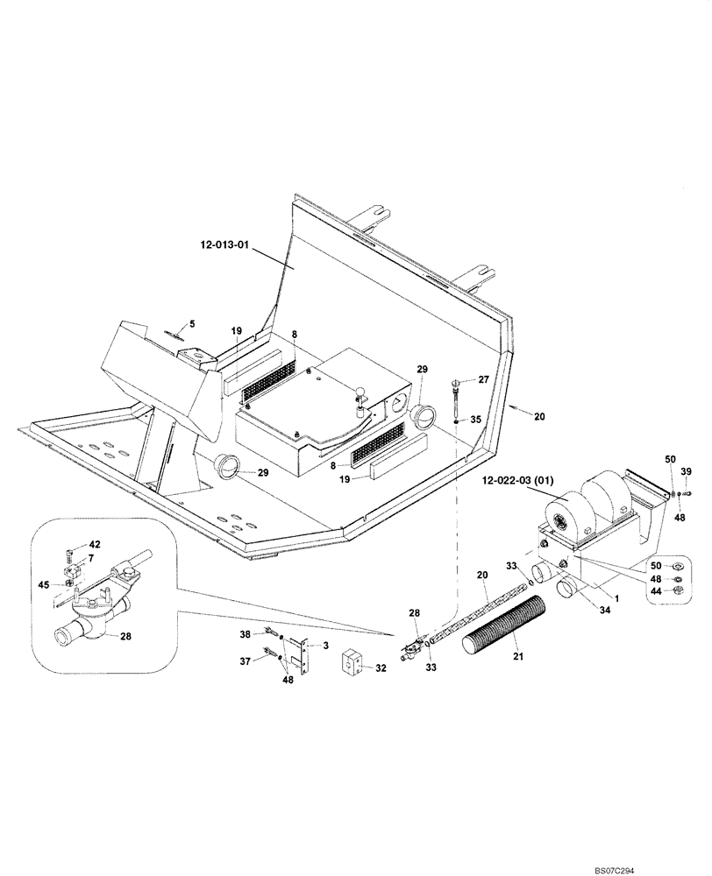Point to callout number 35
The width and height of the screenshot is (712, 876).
click(476, 420)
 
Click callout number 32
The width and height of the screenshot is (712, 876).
click(381, 667)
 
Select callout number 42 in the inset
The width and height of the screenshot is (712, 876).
click(94, 545)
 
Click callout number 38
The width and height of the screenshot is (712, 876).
click(246, 633)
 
